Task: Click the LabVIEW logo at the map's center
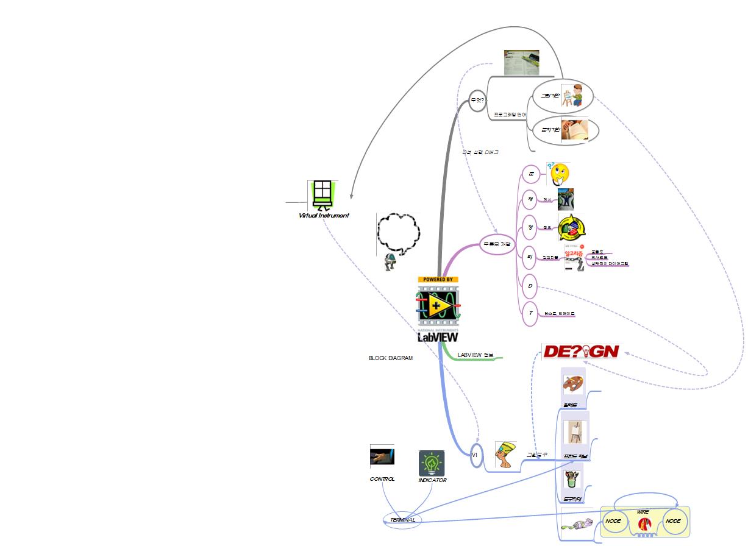pyautogui.click(x=438, y=309)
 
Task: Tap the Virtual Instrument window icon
pyautogui.click(x=322, y=194)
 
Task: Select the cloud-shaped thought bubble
pyautogui.click(x=399, y=233)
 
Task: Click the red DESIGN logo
pyautogui.click(x=580, y=352)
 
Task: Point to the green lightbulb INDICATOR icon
pyautogui.click(x=432, y=463)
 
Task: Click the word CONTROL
pyautogui.click(x=382, y=479)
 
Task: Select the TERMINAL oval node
pyautogui.click(x=402, y=520)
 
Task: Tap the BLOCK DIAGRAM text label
pyautogui.click(x=390, y=358)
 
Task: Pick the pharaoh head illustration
pyautogui.click(x=506, y=455)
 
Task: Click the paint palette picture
pyautogui.click(x=572, y=386)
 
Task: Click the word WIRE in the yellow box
pyautogui.click(x=643, y=512)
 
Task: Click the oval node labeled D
pyautogui.click(x=530, y=286)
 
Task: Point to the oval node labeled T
pyautogui.click(x=530, y=313)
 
